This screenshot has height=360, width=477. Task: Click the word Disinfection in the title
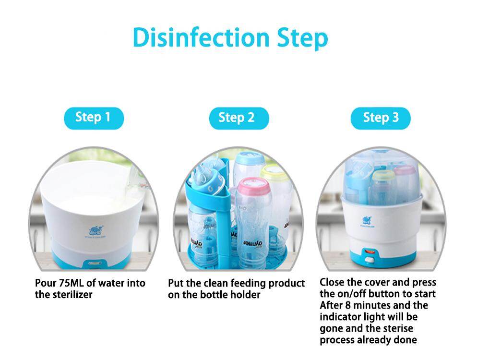201,37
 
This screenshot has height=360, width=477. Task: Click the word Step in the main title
302,39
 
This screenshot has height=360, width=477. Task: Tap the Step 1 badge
94,118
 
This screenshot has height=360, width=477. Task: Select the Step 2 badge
239,118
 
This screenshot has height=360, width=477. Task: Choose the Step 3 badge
381,118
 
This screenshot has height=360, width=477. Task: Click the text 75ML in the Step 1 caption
71,283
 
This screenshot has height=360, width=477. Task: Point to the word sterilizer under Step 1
72,295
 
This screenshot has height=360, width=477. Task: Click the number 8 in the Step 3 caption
348,305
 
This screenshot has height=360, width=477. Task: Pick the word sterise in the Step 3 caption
398,328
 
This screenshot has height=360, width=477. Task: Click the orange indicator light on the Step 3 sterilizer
370,252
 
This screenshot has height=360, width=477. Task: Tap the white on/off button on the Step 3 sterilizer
369,260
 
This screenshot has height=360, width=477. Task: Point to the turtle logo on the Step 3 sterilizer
367,220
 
